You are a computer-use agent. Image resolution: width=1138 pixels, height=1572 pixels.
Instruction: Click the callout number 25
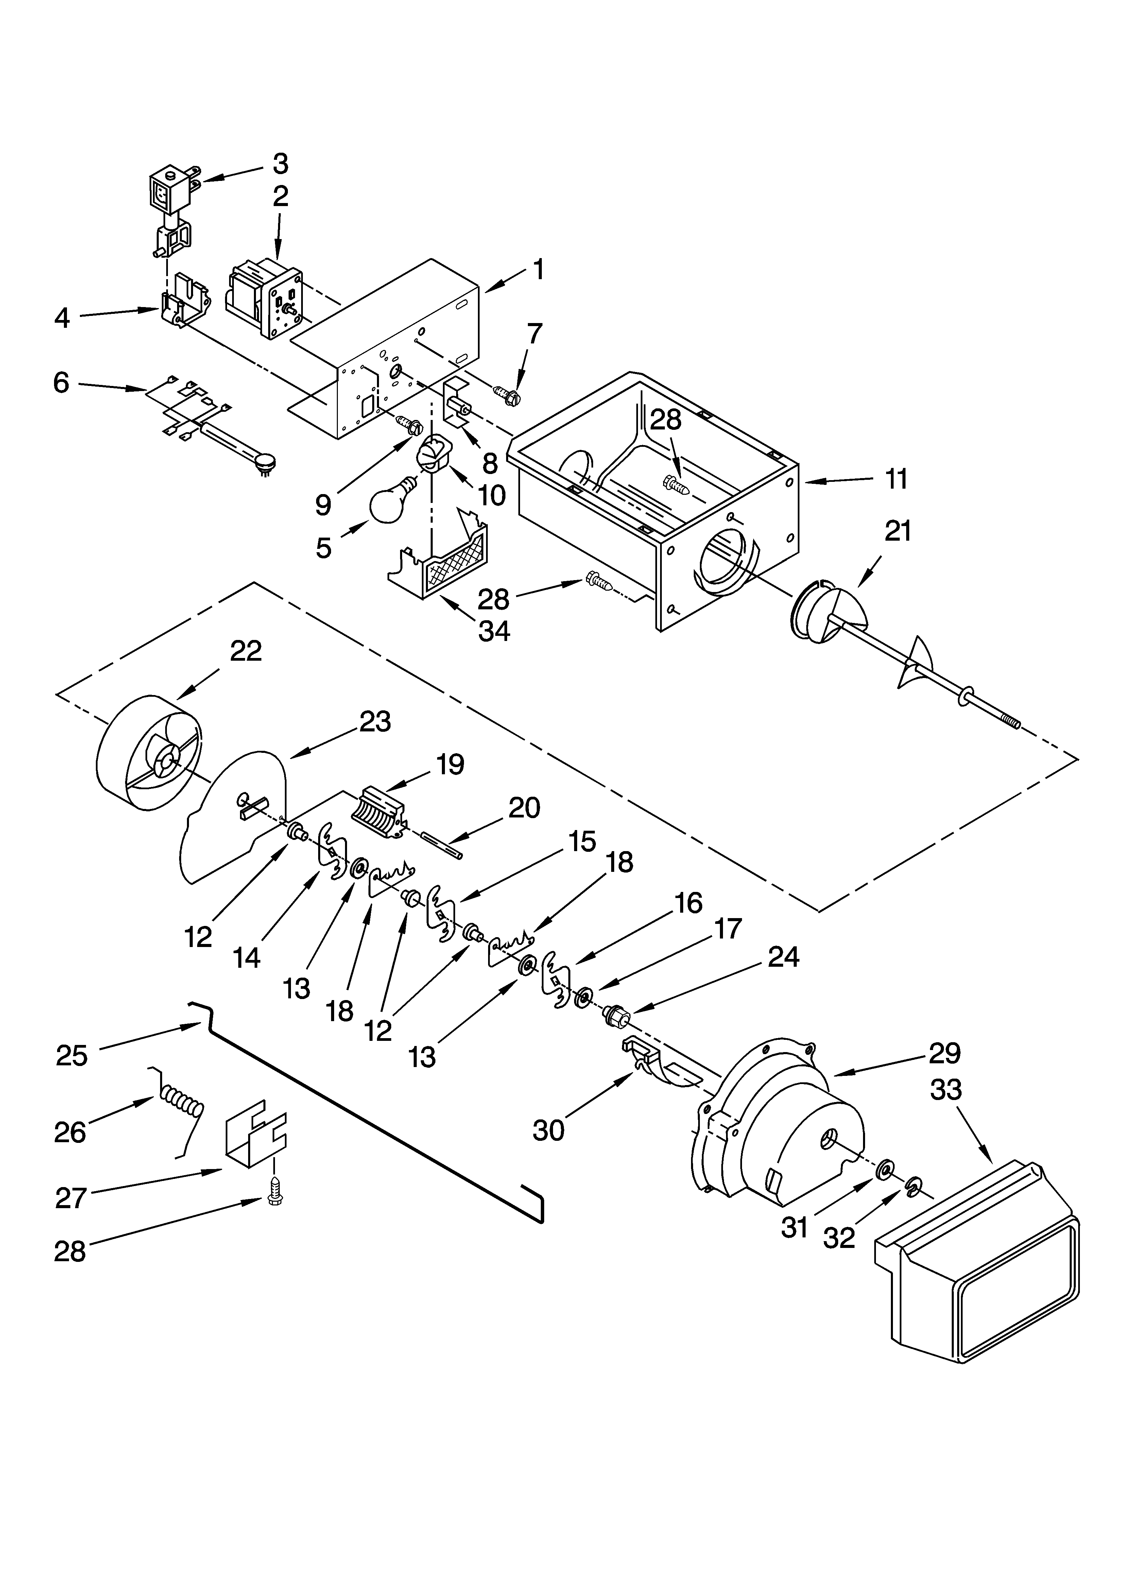pyautogui.click(x=72, y=1055)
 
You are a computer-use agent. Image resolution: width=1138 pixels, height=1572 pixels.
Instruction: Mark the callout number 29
pyautogui.click(x=945, y=1053)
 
